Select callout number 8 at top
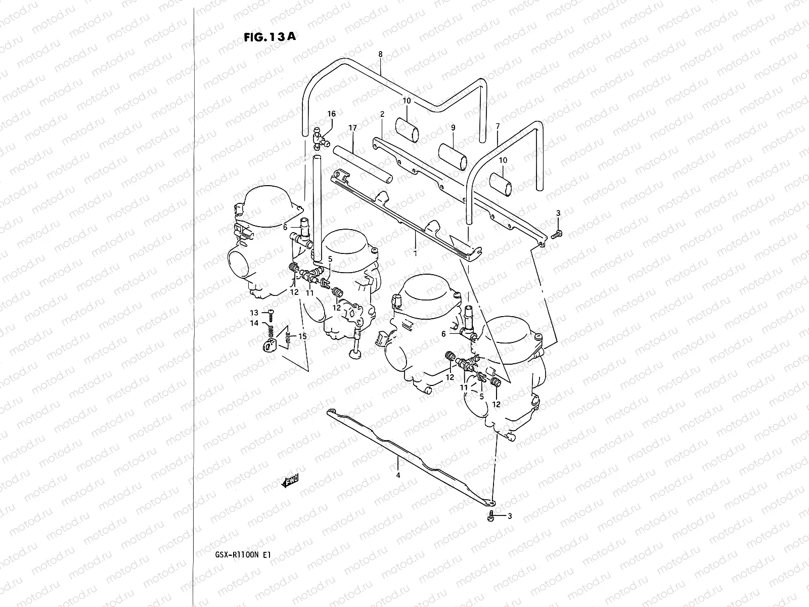[380, 54]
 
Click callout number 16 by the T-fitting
[331, 114]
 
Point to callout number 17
[352, 128]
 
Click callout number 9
[453, 128]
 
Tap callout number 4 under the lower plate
[398, 475]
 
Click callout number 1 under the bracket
[415, 253]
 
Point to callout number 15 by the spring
[302, 336]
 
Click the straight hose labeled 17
[363, 164]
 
